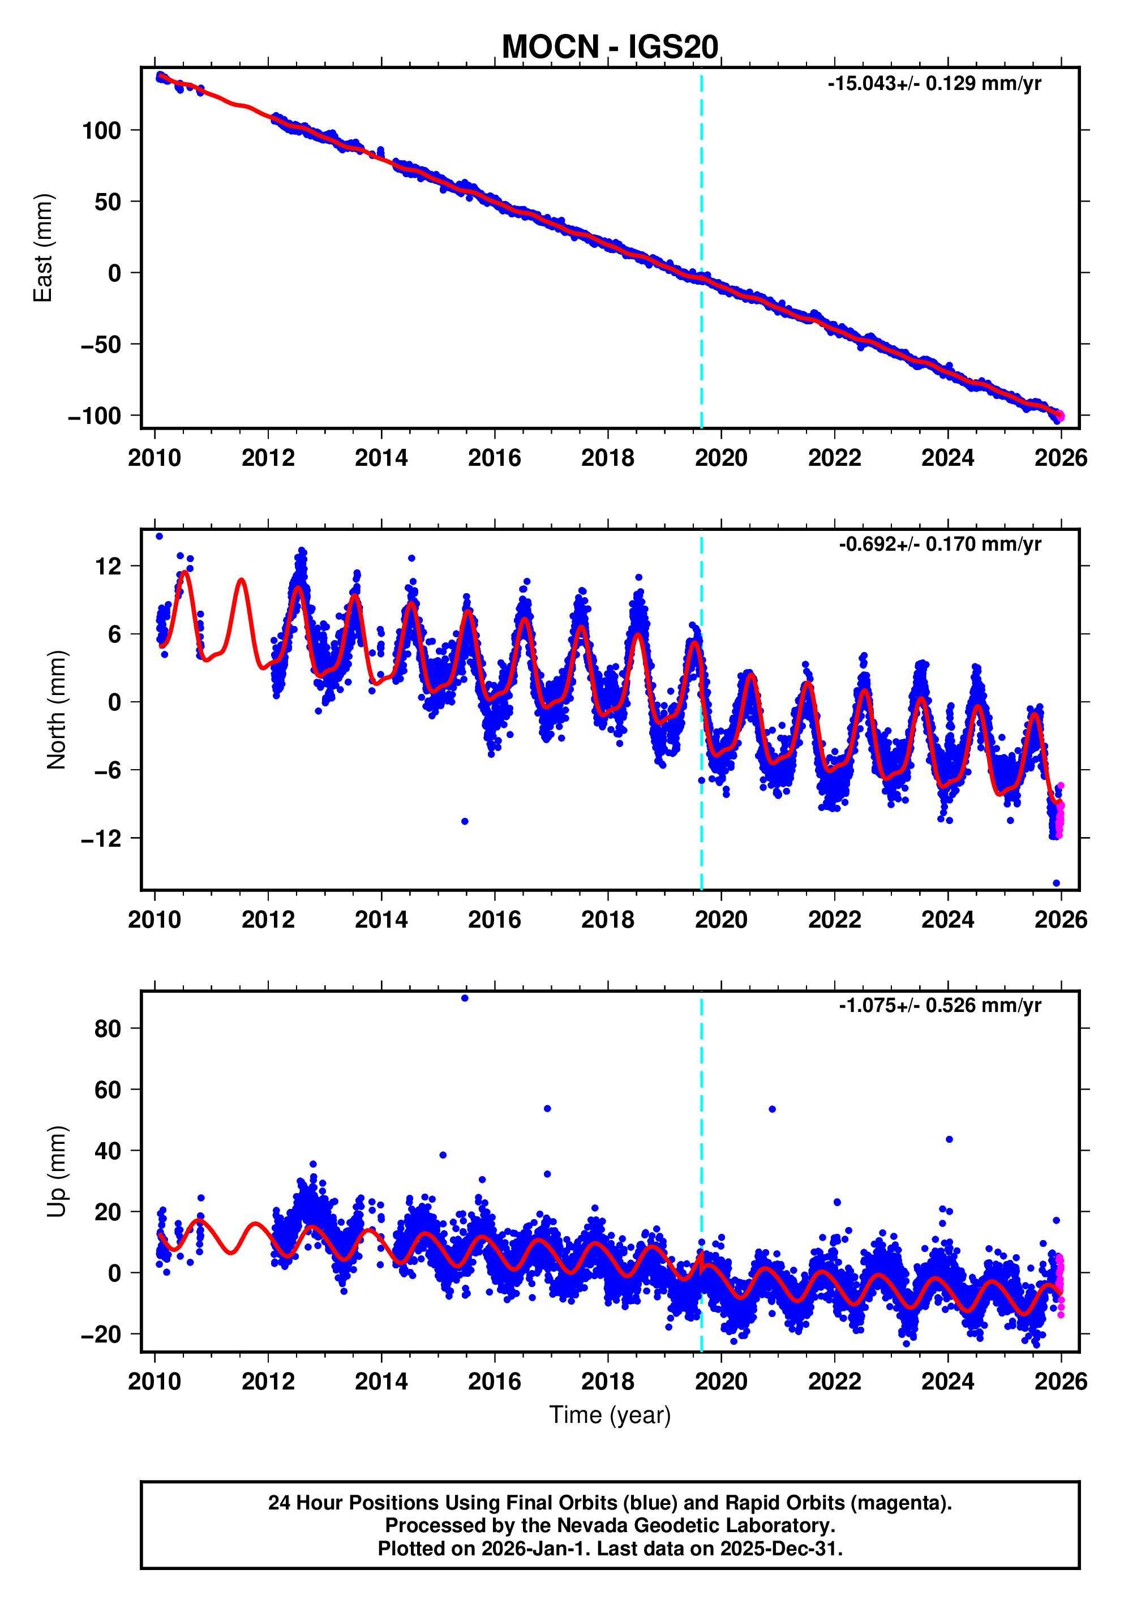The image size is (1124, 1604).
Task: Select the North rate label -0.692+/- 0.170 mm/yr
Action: [x=939, y=544]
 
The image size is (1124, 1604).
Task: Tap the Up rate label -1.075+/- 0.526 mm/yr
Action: [x=939, y=1005]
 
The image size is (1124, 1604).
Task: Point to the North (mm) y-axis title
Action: [x=57, y=709]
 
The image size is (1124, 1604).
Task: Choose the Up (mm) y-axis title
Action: [x=57, y=1171]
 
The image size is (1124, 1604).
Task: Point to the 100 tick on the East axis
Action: [x=101, y=131]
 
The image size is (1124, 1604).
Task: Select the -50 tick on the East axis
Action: [x=101, y=345]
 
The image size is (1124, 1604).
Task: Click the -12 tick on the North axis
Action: [x=101, y=838]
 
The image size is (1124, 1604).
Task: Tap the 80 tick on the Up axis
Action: [x=108, y=1028]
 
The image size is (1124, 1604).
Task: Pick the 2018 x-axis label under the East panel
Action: [x=607, y=458]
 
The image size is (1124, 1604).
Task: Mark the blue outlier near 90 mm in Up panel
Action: [x=465, y=998]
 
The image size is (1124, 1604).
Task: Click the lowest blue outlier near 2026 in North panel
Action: [x=1056, y=883]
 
